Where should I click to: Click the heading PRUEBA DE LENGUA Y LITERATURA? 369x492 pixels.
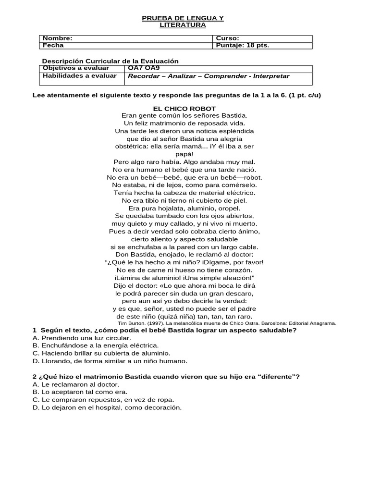click(183, 22)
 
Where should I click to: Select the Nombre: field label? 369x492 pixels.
click(58, 38)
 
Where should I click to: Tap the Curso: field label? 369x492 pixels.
click(227, 38)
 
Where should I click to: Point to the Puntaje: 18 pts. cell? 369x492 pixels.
click(242, 46)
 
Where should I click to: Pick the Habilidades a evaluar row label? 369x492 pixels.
click(79, 76)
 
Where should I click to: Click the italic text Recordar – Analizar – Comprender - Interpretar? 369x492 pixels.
click(209, 76)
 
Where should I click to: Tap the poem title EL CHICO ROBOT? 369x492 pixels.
click(184, 109)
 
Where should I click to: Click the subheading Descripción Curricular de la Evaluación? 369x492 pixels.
click(110, 61)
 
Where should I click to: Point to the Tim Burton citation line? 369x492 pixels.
click(227, 323)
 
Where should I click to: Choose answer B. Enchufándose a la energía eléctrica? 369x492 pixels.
click(95, 345)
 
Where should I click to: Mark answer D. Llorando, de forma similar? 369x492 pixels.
click(110, 361)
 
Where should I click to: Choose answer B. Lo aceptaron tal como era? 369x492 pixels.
click(80, 392)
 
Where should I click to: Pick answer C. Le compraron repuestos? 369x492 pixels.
click(103, 400)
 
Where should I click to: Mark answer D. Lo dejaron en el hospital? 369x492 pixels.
click(107, 407)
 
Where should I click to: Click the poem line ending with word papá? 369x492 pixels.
click(184, 154)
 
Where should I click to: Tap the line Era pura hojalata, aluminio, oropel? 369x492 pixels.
click(184, 208)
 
